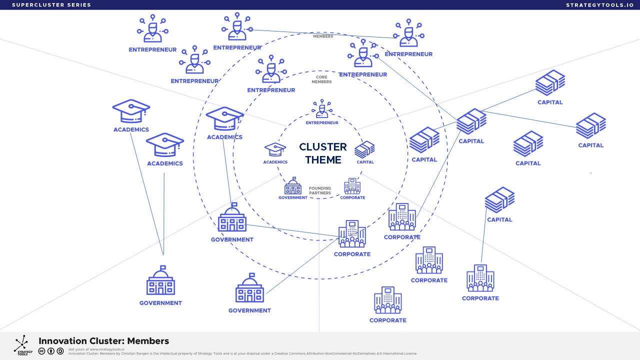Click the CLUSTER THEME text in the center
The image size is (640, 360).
(x=322, y=153)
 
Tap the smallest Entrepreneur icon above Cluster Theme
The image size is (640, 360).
(x=321, y=109)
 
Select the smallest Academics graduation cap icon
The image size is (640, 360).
(x=275, y=150)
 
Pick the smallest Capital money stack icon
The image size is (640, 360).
(x=364, y=149)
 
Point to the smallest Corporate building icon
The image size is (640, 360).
(x=352, y=186)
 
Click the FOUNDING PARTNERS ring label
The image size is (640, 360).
(x=320, y=190)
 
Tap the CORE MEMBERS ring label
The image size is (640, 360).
(x=321, y=79)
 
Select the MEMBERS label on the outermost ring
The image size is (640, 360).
(x=323, y=36)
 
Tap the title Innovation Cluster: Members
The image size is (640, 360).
(x=103, y=341)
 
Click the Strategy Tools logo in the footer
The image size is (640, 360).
(x=22, y=345)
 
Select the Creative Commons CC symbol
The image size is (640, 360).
(x=42, y=351)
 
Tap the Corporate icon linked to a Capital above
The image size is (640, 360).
(x=480, y=278)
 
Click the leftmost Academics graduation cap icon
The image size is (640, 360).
(x=131, y=110)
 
